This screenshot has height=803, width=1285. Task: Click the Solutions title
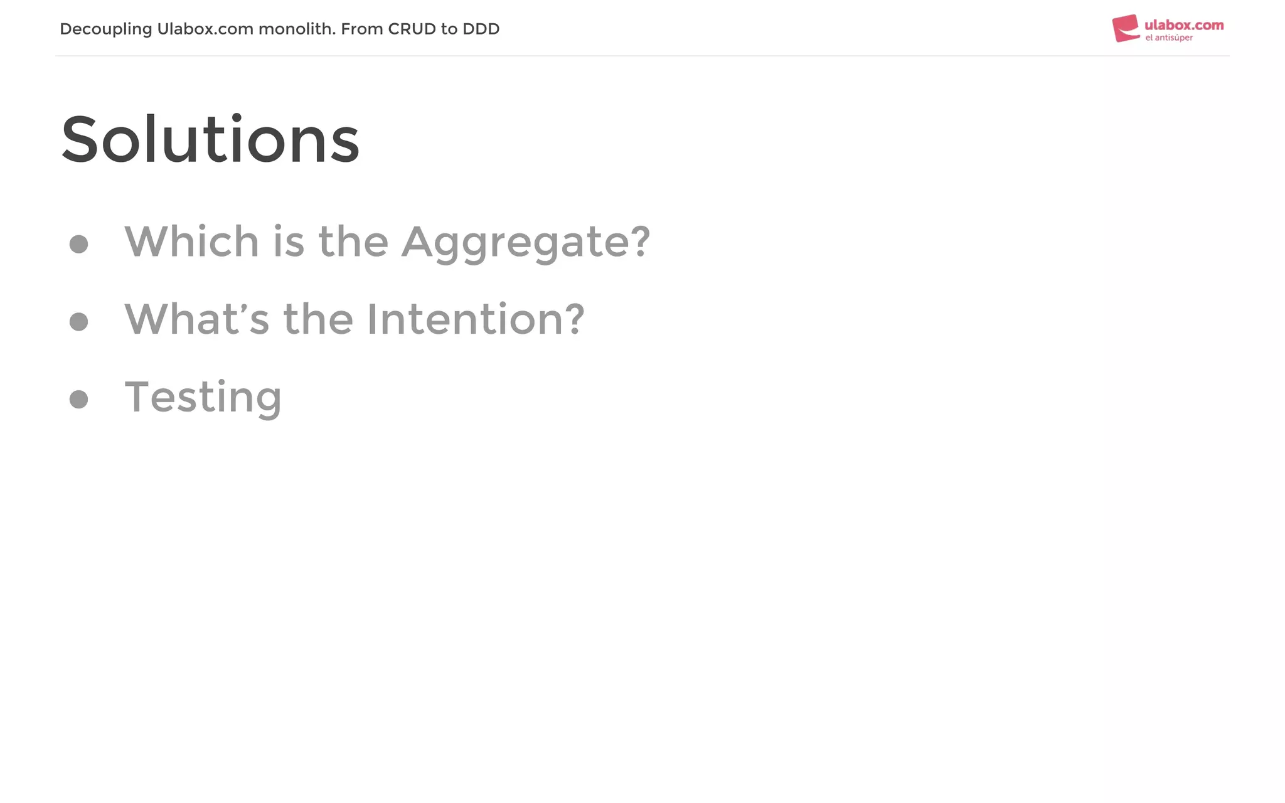coord(210,139)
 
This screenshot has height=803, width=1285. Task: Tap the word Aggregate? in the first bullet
coord(526,242)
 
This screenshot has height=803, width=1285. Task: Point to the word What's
coord(196,319)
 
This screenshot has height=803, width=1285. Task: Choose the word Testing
coord(203,397)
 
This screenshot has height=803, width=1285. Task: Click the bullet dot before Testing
coord(78,399)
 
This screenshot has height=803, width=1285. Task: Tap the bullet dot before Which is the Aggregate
coord(78,244)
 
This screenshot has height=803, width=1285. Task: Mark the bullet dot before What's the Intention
coord(78,321)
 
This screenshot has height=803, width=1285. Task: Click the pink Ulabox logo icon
coord(1126,28)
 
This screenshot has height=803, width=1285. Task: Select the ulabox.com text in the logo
coord(1184,25)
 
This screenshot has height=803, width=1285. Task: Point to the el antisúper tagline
coord(1169,38)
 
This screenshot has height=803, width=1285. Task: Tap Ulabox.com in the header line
coord(205,29)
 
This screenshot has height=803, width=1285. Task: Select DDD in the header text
coord(481,29)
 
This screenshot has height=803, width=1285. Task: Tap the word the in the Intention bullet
coord(318,319)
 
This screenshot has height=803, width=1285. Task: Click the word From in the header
coord(362,29)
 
